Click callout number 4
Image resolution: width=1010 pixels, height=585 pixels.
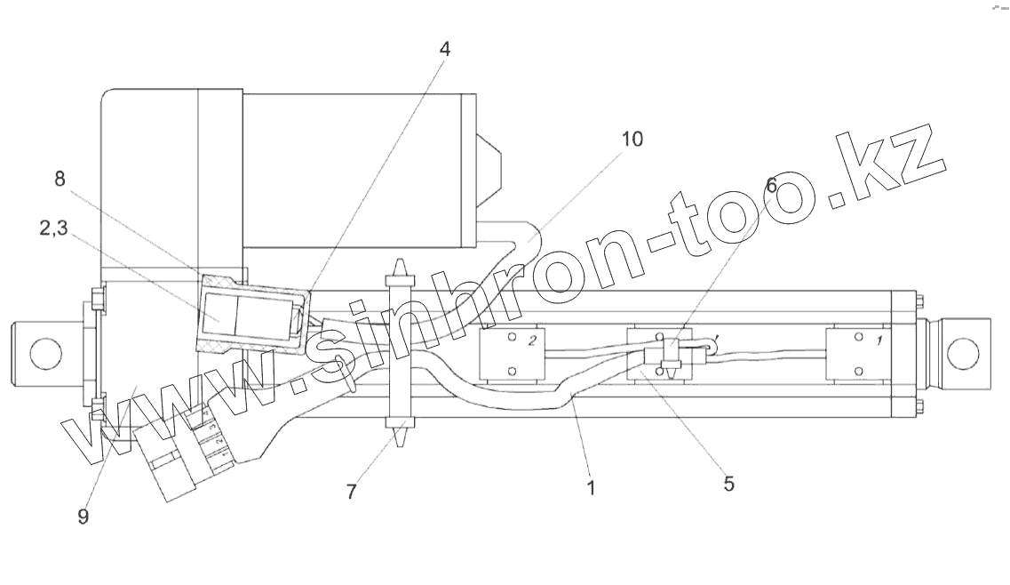[x=445, y=50]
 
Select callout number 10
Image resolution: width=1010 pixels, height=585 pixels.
[x=632, y=140]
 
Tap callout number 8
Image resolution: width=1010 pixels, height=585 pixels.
[x=60, y=180]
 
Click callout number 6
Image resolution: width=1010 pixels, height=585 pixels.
[x=770, y=185]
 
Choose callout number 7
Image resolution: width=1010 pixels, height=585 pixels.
[x=352, y=491]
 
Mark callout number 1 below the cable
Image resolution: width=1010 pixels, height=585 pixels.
[x=591, y=487]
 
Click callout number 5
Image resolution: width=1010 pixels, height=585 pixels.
[x=728, y=485]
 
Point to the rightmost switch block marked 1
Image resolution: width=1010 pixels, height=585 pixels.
[x=857, y=354]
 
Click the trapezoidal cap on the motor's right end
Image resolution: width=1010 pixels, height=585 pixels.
[x=490, y=165]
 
